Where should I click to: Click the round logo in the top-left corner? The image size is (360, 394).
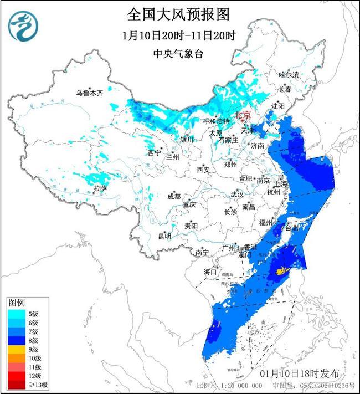[23, 26]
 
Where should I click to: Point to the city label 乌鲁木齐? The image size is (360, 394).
[90, 93]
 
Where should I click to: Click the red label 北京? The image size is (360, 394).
[243, 115]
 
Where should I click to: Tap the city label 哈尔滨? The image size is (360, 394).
[289, 74]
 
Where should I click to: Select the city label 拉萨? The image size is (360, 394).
[99, 188]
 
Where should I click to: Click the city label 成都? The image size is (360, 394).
[174, 196]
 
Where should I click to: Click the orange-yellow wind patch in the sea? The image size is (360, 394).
[281, 270]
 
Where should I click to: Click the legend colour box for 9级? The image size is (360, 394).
[15, 350]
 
